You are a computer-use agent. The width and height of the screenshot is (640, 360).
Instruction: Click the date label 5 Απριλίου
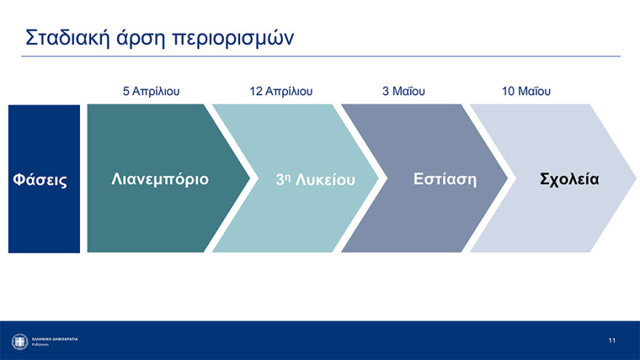(x=151, y=92)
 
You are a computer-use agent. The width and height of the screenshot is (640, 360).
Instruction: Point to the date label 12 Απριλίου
(x=281, y=92)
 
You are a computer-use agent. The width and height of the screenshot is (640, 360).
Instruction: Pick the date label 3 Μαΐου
(x=404, y=92)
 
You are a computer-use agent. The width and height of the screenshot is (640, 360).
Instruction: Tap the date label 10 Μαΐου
(x=526, y=92)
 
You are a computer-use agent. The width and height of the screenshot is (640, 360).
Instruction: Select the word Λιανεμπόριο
(x=160, y=179)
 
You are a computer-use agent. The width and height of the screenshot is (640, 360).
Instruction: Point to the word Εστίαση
(x=445, y=179)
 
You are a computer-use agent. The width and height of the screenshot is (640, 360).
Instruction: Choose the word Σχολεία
(x=569, y=179)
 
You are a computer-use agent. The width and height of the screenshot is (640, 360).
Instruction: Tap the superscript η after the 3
(x=288, y=176)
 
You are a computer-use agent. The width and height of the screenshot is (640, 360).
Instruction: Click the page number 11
(x=612, y=340)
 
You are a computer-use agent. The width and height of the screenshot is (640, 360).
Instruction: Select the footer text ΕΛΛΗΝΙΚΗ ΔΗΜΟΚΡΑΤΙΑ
(x=55, y=339)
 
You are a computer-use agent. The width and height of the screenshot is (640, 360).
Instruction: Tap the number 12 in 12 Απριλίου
(x=255, y=92)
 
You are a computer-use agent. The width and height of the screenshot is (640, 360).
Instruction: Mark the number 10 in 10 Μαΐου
(x=508, y=92)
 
